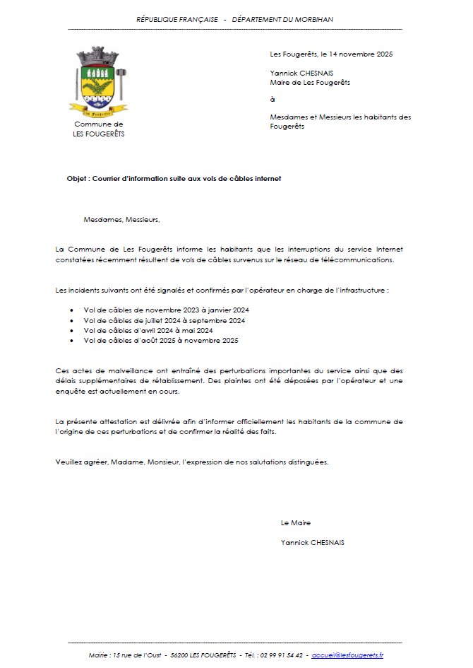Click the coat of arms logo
pyautogui.click(x=98, y=81)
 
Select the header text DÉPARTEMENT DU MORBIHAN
pyautogui.click(x=283, y=19)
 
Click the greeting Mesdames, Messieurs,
pyautogui.click(x=121, y=219)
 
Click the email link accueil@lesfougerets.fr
pyautogui.click(x=347, y=655)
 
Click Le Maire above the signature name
pyautogui.click(x=295, y=523)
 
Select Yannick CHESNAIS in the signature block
pyautogui.click(x=313, y=543)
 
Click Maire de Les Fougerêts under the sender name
pyautogui.click(x=310, y=83)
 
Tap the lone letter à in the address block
pyautogui.click(x=273, y=100)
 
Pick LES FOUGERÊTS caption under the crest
pyautogui.click(x=99, y=134)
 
